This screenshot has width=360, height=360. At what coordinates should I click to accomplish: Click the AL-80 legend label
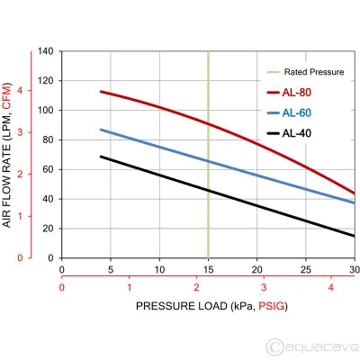click(x=299, y=92)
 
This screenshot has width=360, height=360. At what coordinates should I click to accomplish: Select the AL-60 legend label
click(x=299, y=112)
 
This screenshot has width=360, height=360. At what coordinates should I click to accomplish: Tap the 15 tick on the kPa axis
click(x=208, y=269)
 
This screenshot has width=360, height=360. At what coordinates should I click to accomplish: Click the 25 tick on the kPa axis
click(x=305, y=269)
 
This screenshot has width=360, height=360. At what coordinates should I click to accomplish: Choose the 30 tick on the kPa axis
click(x=353, y=269)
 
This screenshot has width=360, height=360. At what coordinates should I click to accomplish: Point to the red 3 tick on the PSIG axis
click(x=264, y=287)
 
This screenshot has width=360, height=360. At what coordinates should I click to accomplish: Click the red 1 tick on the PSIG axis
click(x=129, y=287)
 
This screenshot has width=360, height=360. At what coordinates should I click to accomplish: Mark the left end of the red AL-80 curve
click(x=101, y=92)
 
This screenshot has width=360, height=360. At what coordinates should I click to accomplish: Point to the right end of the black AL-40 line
click(x=354, y=236)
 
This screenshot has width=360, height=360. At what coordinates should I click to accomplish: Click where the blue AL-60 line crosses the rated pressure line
click(x=208, y=161)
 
